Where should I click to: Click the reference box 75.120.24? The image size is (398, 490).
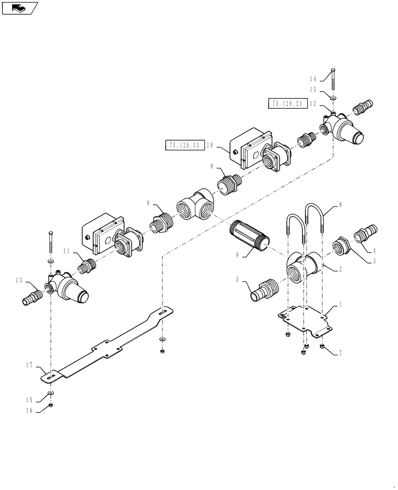287,103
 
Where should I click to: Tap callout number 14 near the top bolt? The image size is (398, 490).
312,79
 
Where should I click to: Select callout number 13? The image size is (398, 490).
19,280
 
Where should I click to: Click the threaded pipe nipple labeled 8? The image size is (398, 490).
249,236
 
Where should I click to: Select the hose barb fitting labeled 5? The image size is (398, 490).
263,291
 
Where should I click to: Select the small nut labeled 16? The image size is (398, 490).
51,405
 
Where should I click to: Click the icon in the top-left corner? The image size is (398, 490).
20,8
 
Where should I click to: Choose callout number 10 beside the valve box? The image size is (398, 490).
209,146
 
